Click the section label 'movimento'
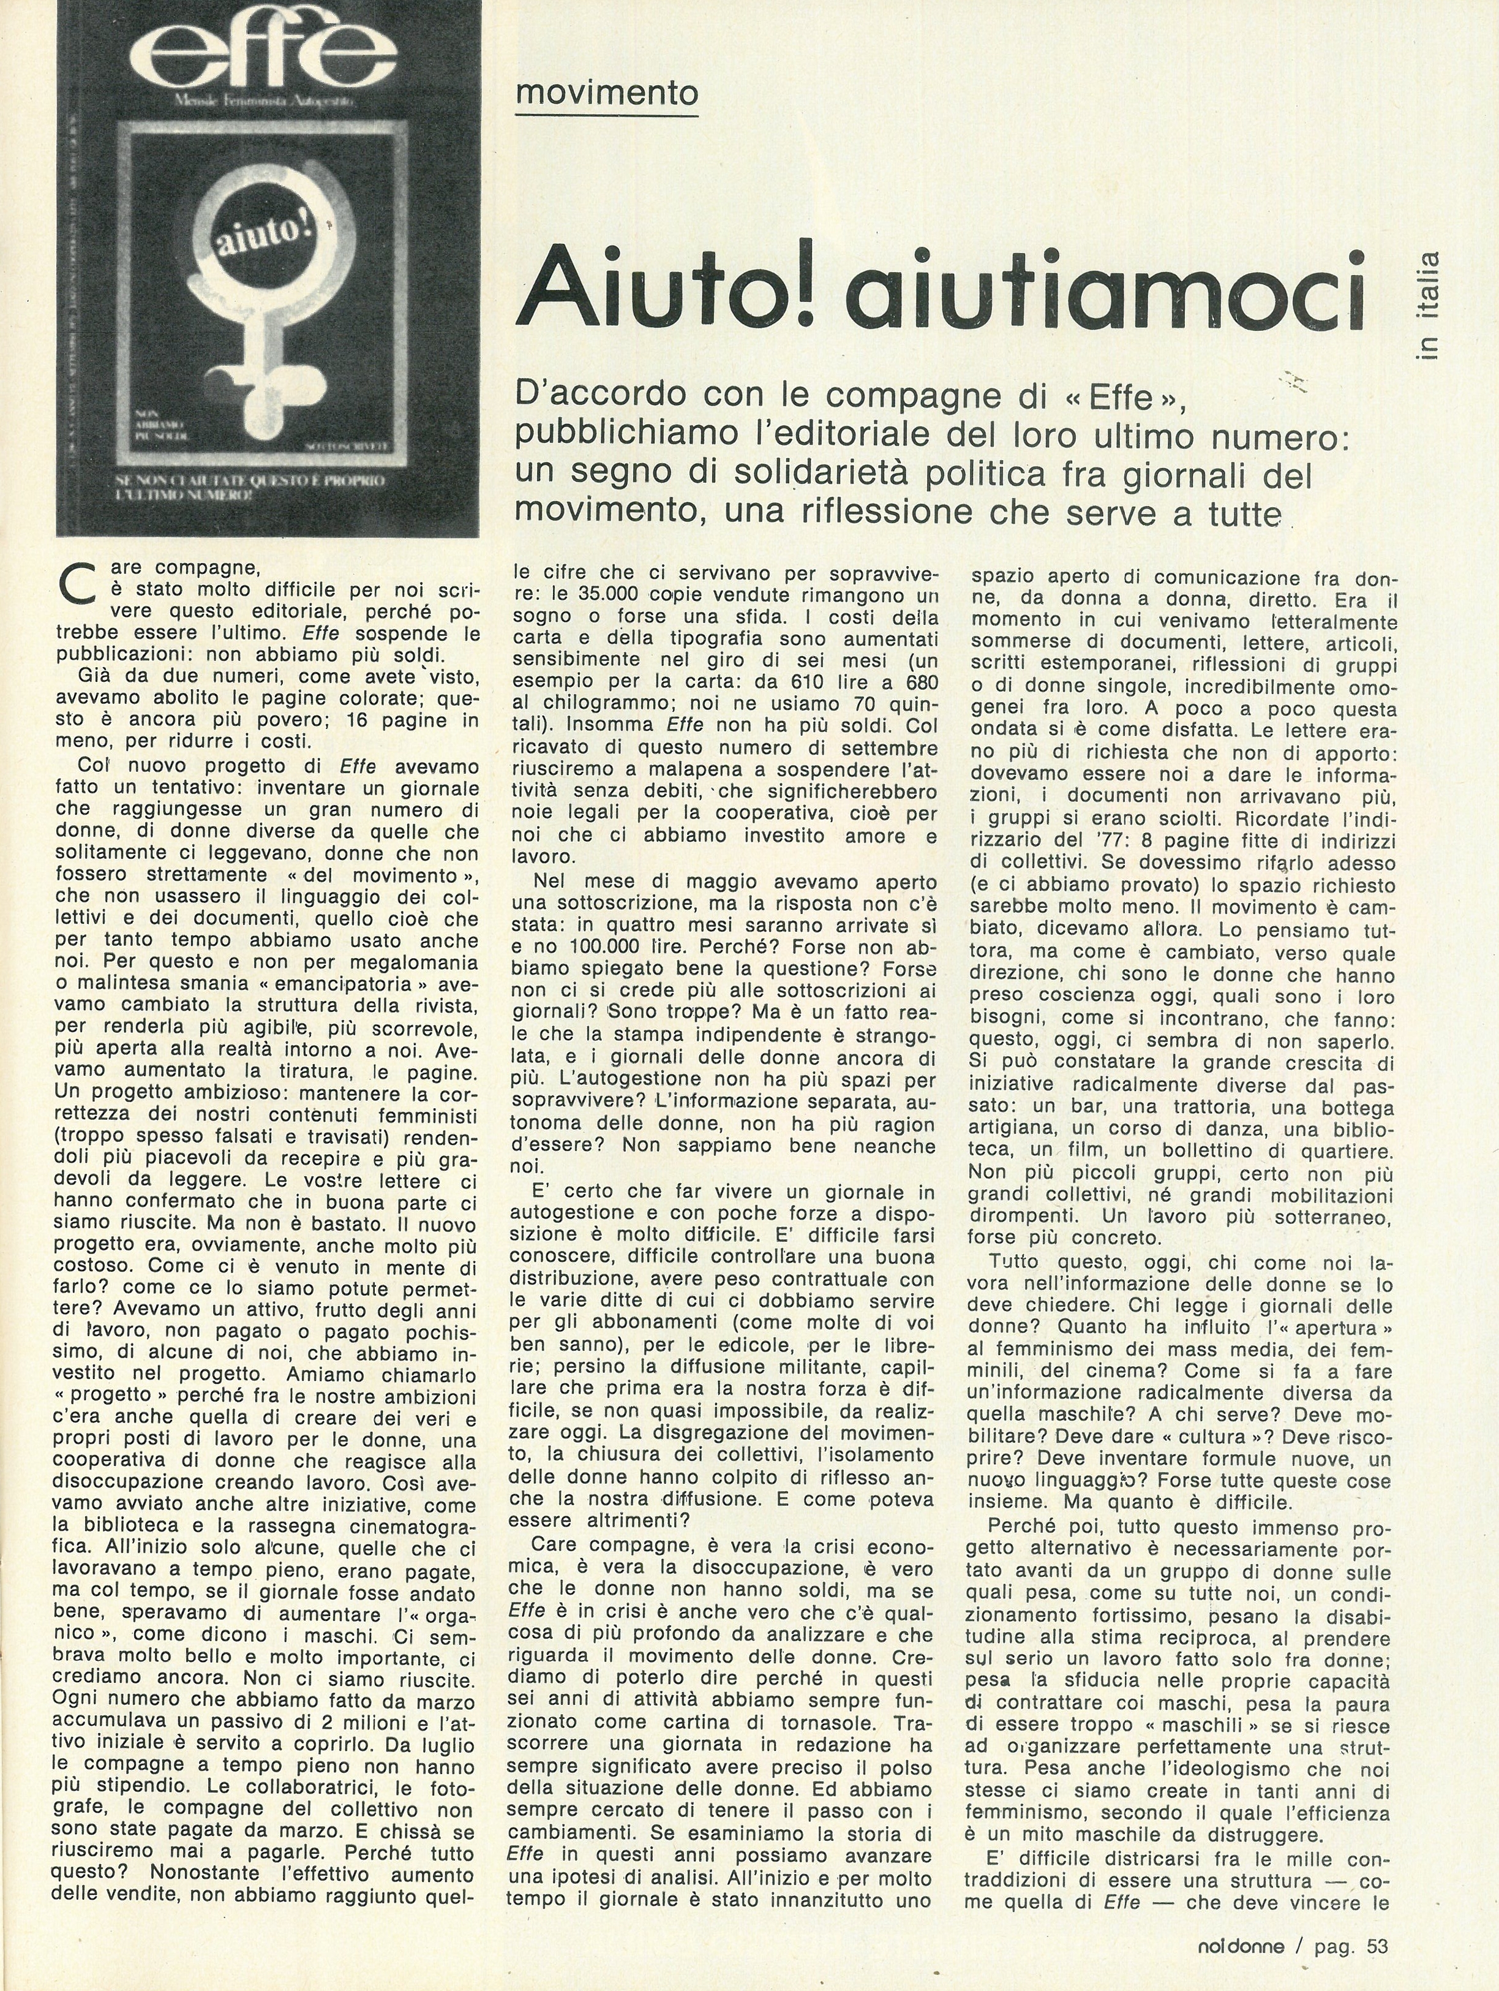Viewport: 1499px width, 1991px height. click(x=607, y=93)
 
